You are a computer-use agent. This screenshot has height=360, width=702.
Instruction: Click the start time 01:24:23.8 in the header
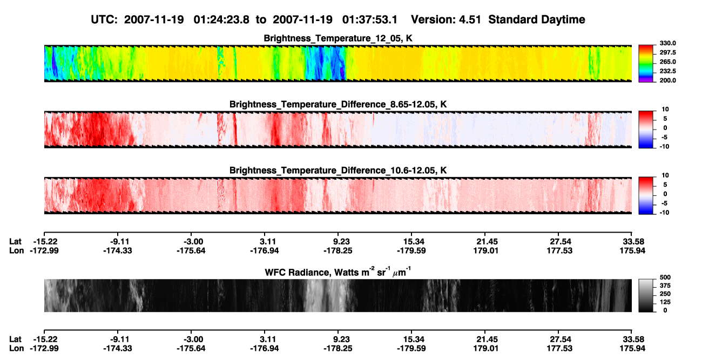point(221,20)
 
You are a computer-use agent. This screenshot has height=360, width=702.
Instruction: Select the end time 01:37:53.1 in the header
point(370,20)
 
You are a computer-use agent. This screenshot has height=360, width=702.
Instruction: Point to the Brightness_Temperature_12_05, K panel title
point(338,38)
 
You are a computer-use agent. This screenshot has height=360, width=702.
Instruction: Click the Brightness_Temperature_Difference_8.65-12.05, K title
point(338,104)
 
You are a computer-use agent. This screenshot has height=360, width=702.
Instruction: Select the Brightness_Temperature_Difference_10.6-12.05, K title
point(338,171)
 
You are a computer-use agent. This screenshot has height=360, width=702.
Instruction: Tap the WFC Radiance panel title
point(338,272)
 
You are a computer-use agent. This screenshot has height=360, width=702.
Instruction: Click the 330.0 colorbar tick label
point(667,43)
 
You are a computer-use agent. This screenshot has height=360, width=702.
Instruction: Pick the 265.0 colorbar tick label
point(667,62)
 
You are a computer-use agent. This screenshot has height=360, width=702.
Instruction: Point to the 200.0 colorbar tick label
point(667,80)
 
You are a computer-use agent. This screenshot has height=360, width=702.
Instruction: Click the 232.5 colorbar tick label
point(667,71)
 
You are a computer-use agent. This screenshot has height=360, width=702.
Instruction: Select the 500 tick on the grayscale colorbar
point(665,277)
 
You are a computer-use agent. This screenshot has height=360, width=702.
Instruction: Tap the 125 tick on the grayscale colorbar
point(665,302)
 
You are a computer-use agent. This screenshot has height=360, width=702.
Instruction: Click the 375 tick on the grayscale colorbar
point(665,286)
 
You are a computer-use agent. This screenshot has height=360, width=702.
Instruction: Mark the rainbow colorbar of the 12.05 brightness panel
point(646,64)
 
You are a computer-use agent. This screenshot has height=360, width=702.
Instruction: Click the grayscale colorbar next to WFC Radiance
point(646,295)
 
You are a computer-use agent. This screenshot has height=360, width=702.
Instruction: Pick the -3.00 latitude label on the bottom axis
point(193,339)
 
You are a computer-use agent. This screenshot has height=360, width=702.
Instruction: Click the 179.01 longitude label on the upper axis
point(485,250)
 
